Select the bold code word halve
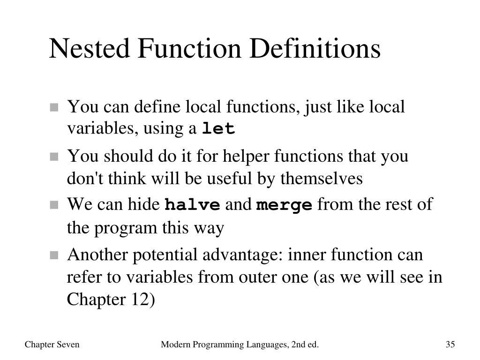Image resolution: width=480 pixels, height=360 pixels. [192, 205]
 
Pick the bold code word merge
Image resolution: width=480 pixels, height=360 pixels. [284, 205]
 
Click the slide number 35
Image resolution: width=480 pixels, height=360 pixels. [450, 345]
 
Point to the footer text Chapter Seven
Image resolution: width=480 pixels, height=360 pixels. [52, 345]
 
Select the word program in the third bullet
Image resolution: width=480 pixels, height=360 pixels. [127, 228]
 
